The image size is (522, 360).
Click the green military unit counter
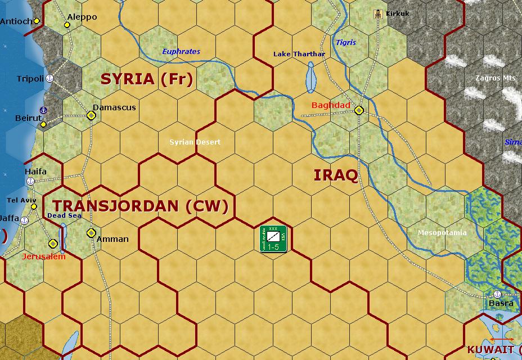coord(273,238)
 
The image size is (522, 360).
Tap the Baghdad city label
coord(331,105)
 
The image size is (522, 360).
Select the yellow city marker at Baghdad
coord(359,110)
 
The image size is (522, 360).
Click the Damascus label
coord(114,107)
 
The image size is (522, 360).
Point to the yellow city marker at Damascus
coord(91,115)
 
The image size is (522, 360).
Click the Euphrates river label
coord(181,52)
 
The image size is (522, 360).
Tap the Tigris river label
coord(346,42)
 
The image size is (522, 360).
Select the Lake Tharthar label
coord(299,54)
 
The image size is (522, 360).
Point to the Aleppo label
coord(82,17)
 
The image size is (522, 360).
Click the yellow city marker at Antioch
coord(37,21)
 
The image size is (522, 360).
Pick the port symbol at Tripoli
coord(49,78)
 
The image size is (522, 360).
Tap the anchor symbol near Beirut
coord(43,110)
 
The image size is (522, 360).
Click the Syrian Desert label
coord(195,142)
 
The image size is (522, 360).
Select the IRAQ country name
coord(336,175)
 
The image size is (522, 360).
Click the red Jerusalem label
coord(44,256)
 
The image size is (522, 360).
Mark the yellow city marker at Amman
coord(91,233)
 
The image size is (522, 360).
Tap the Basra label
coord(501,303)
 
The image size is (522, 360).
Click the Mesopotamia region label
coord(442,233)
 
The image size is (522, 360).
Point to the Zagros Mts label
coord(496,78)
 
